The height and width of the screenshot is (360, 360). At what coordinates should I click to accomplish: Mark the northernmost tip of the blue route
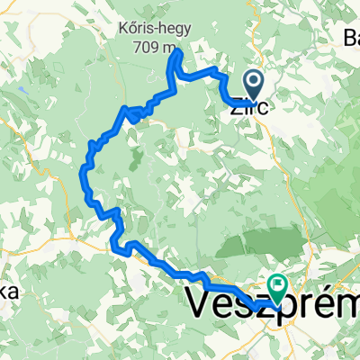click(179, 51)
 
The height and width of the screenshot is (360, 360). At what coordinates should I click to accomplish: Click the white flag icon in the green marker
click(278, 287)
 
